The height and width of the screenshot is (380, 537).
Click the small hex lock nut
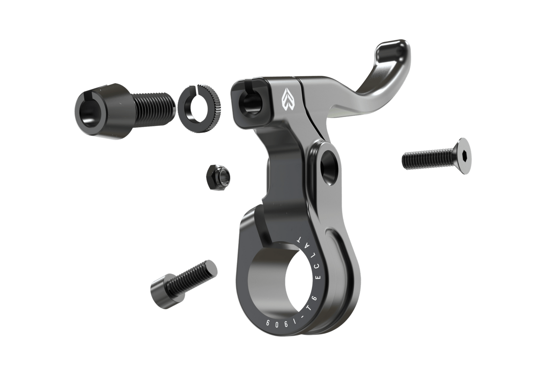[218, 177]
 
